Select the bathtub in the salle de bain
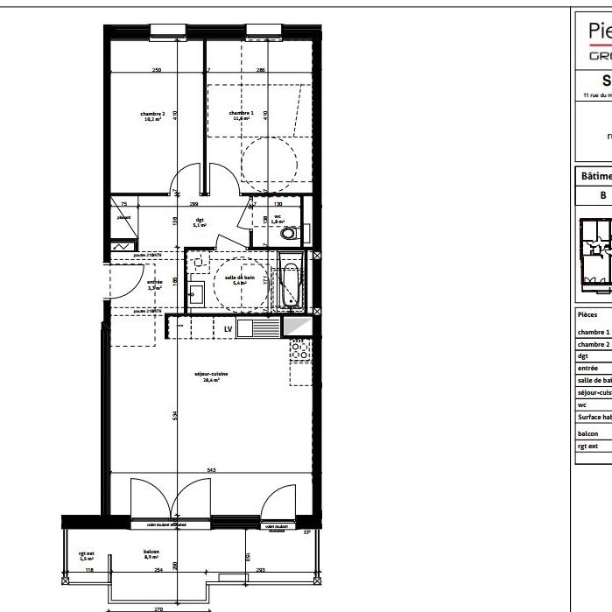(290, 287)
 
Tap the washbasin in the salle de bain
(196, 293)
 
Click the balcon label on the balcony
(151, 552)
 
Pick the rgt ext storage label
(86, 554)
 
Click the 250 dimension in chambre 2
(157, 69)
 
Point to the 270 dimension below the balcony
(158, 608)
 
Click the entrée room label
(154, 283)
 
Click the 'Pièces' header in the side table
(587, 313)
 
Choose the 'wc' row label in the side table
(581, 404)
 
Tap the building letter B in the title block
(602, 195)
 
